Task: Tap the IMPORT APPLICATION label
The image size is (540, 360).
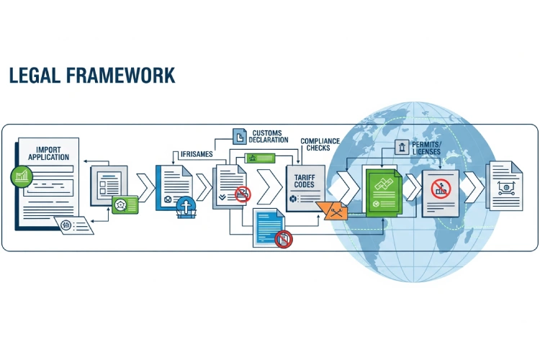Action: pyautogui.click(x=48, y=153)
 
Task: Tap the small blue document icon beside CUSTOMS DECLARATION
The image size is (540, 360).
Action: pyautogui.click(x=239, y=135)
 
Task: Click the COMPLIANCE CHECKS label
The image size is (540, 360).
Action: pyautogui.click(x=320, y=145)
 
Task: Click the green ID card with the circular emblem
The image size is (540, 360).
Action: pyautogui.click(x=123, y=204)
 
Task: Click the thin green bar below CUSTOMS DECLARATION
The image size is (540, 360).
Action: pyautogui.click(x=266, y=158)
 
